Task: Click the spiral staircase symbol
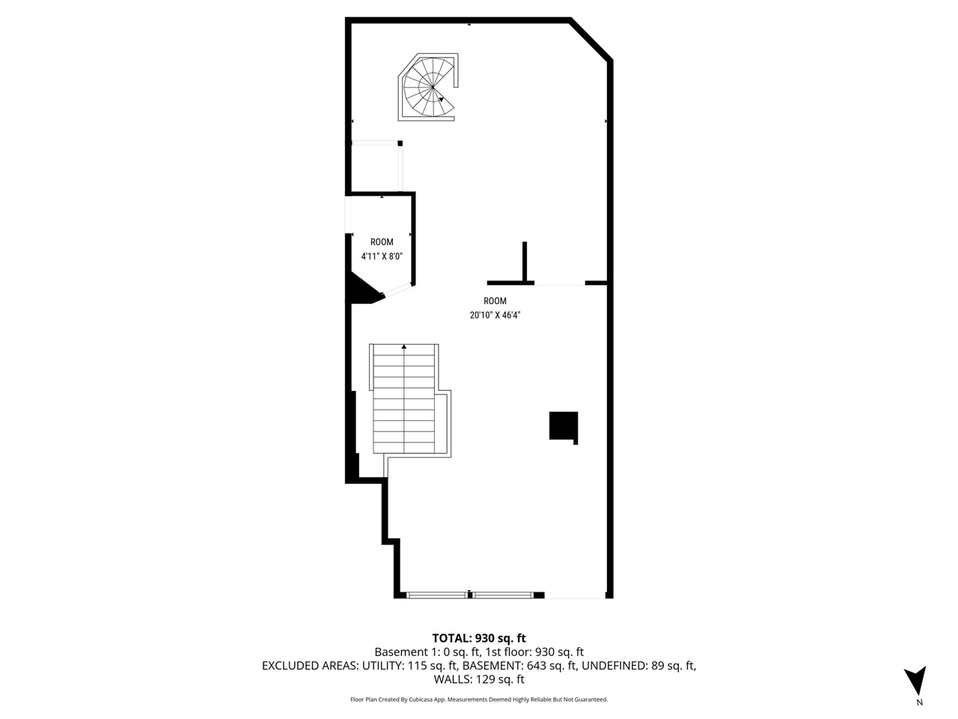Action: [430, 88]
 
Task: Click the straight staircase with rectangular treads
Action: [404, 399]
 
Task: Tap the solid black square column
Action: [563, 426]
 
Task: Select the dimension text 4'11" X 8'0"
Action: [382, 256]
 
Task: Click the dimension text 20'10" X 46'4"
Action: [495, 315]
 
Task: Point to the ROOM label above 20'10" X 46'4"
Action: [495, 301]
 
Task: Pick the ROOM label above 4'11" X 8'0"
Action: [382, 242]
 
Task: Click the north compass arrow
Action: [915, 680]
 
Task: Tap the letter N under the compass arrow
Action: [919, 703]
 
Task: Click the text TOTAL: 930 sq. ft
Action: [479, 638]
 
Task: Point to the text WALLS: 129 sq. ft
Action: [479, 680]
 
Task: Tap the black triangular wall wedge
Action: [364, 291]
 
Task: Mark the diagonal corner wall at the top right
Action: [592, 40]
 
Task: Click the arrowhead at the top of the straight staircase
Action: [404, 347]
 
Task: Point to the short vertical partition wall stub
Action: [525, 261]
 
